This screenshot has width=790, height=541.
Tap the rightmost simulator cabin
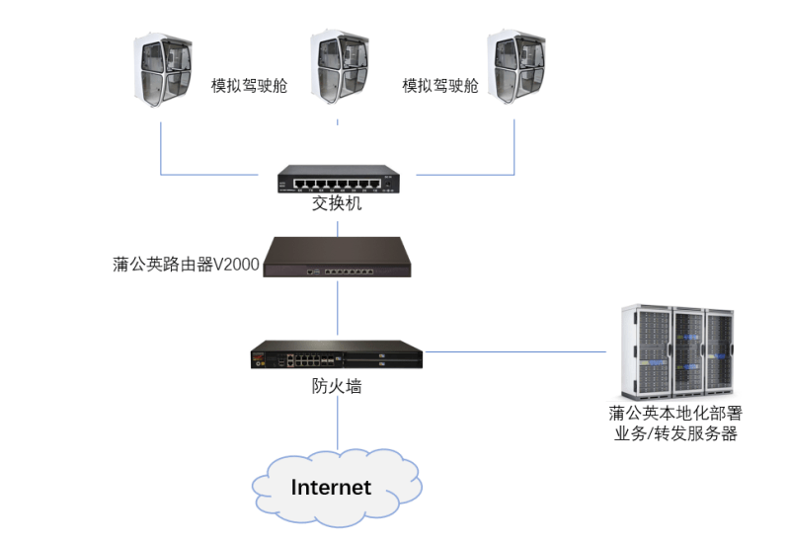tap(517, 70)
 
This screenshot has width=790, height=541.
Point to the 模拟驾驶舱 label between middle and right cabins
tap(439, 85)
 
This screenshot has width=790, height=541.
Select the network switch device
tap(338, 179)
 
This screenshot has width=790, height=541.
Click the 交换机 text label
tap(338, 204)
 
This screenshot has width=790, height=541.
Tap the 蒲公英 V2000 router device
tap(338, 258)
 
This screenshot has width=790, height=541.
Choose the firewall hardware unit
tap(338, 353)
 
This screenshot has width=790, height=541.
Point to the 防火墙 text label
tap(337, 386)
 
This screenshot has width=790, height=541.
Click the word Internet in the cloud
tap(331, 487)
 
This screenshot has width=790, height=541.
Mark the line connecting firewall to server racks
tap(513, 350)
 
